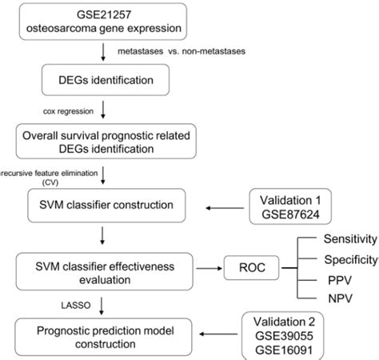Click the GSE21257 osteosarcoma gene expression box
[106, 22]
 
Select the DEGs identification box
[106, 79]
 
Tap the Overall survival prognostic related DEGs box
[106, 141]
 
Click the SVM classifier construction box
[106, 206]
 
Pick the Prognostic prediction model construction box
[106, 334]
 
